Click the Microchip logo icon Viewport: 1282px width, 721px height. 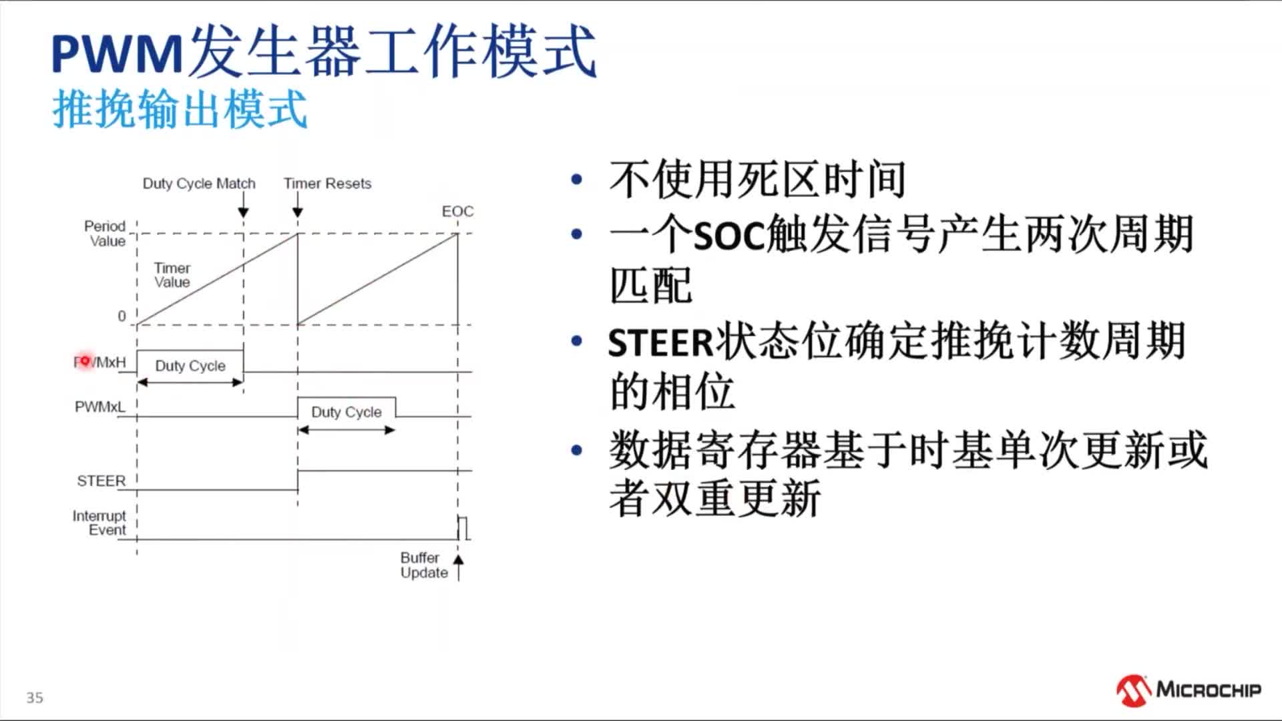tap(1133, 690)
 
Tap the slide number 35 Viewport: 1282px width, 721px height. tap(35, 698)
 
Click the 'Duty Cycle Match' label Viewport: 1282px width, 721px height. tap(199, 184)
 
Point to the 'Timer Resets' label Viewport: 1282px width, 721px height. tap(327, 184)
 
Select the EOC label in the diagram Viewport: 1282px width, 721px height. tap(457, 212)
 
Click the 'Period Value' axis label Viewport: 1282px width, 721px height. tap(105, 234)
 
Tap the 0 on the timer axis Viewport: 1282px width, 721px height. tap(122, 316)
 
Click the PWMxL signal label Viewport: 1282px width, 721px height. tap(99, 407)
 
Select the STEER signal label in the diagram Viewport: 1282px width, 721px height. tap(101, 481)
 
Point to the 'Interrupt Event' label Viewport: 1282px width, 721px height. tap(99, 523)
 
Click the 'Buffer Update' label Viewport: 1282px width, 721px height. tap(424, 565)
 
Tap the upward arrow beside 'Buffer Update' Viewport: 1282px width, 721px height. tap(459, 567)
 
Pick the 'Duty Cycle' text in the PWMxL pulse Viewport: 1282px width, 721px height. tap(347, 412)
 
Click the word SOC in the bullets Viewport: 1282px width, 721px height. tap(730, 235)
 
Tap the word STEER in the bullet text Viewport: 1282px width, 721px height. tap(661, 342)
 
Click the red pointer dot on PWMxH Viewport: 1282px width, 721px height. tap(85, 361)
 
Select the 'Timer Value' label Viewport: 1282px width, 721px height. tap(172, 275)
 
